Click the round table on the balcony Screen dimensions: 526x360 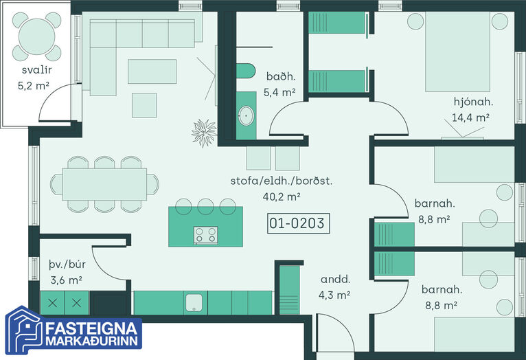[36, 36]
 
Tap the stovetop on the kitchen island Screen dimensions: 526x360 [205, 235]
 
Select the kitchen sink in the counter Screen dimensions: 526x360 [194, 302]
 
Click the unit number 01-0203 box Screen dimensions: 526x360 [299, 223]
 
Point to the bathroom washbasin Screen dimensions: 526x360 [247, 115]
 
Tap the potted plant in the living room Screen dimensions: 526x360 [204, 133]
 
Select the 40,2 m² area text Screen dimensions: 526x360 [282, 196]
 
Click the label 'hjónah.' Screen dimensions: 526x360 [473, 102]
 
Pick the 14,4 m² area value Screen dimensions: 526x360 [470, 117]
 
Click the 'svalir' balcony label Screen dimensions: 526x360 [36, 70]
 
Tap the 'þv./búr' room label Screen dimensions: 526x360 [67, 265]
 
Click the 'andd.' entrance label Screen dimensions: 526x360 [336, 279]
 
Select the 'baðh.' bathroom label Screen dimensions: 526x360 [281, 76]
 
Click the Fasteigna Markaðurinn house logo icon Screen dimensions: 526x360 [24, 330]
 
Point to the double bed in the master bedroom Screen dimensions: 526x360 [457, 52]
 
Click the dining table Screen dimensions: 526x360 [104, 184]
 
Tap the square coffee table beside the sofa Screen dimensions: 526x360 [144, 105]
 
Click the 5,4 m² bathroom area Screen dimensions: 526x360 [279, 92]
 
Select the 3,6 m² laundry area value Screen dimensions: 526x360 [67, 280]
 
